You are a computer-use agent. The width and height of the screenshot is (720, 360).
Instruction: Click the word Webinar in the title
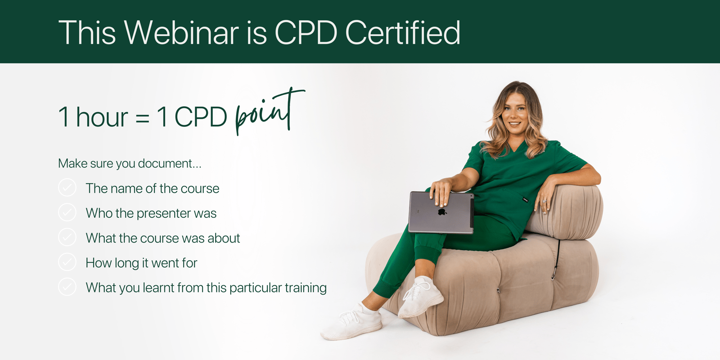[182, 32]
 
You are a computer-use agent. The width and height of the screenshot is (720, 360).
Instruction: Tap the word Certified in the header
[403, 32]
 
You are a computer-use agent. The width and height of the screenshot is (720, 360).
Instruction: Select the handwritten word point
[270, 111]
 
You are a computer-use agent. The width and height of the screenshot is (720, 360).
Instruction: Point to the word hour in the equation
[102, 117]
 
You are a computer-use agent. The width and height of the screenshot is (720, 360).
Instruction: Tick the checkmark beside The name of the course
[67, 187]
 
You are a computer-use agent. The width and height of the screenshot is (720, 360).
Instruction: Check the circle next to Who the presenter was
[67, 212]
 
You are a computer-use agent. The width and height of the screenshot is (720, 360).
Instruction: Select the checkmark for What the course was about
[67, 237]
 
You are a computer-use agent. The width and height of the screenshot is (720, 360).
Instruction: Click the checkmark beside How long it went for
[67, 262]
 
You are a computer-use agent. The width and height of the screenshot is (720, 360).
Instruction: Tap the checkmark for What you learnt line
[67, 287]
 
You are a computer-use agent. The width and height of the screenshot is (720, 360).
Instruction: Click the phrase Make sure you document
[130, 164]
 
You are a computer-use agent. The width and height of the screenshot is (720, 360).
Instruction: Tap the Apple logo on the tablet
[442, 211]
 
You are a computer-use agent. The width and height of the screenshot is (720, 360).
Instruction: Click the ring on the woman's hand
[544, 201]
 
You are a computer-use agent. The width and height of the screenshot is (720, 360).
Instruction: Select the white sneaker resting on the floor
[352, 321]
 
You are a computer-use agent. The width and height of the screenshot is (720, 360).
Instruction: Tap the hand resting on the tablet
[441, 192]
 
